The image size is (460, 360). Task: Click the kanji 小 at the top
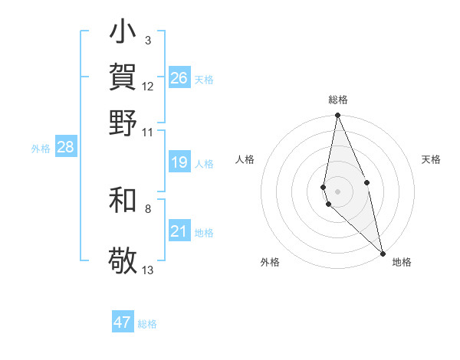tap(123, 34)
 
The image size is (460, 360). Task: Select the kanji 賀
tap(123, 77)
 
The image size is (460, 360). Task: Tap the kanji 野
tap(123, 123)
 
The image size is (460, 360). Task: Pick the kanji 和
tap(123, 200)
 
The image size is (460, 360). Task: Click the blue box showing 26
tap(179, 78)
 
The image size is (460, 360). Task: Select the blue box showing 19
tap(179, 162)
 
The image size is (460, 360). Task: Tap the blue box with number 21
tap(179, 231)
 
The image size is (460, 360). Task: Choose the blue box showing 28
tap(65, 147)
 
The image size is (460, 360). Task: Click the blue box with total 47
tap(123, 322)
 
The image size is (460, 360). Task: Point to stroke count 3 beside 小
tap(147, 40)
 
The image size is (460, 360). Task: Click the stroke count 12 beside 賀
tap(148, 86)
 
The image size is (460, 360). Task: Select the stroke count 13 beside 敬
tap(148, 270)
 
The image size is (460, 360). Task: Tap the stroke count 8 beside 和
tap(147, 208)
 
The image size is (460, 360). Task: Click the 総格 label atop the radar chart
tap(338, 100)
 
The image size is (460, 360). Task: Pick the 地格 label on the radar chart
tap(402, 262)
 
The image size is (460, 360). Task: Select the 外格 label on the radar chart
tap(270, 262)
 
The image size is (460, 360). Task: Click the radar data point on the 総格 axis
tap(337, 116)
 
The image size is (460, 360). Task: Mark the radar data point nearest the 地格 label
tap(382, 253)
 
